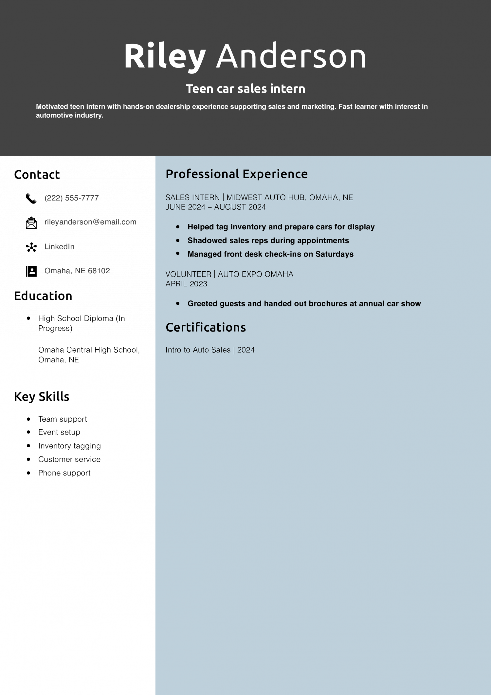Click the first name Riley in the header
(x=165, y=56)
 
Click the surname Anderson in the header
(x=291, y=56)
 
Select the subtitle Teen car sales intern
(x=245, y=88)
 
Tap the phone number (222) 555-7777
(x=71, y=198)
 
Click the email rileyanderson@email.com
(x=90, y=222)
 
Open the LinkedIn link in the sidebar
(x=59, y=246)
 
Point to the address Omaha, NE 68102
(x=77, y=271)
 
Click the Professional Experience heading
(x=236, y=174)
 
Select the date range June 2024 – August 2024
(x=215, y=207)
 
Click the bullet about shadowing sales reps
(x=268, y=241)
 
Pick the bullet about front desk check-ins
(x=270, y=254)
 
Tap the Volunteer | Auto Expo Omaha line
(x=229, y=274)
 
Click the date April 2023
(x=186, y=284)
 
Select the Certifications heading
(x=206, y=327)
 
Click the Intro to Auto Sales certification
(x=210, y=350)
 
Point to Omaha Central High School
(x=89, y=350)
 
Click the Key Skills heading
(x=42, y=397)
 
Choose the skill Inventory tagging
(x=69, y=446)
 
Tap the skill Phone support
(x=64, y=473)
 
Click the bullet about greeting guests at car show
(x=304, y=304)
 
